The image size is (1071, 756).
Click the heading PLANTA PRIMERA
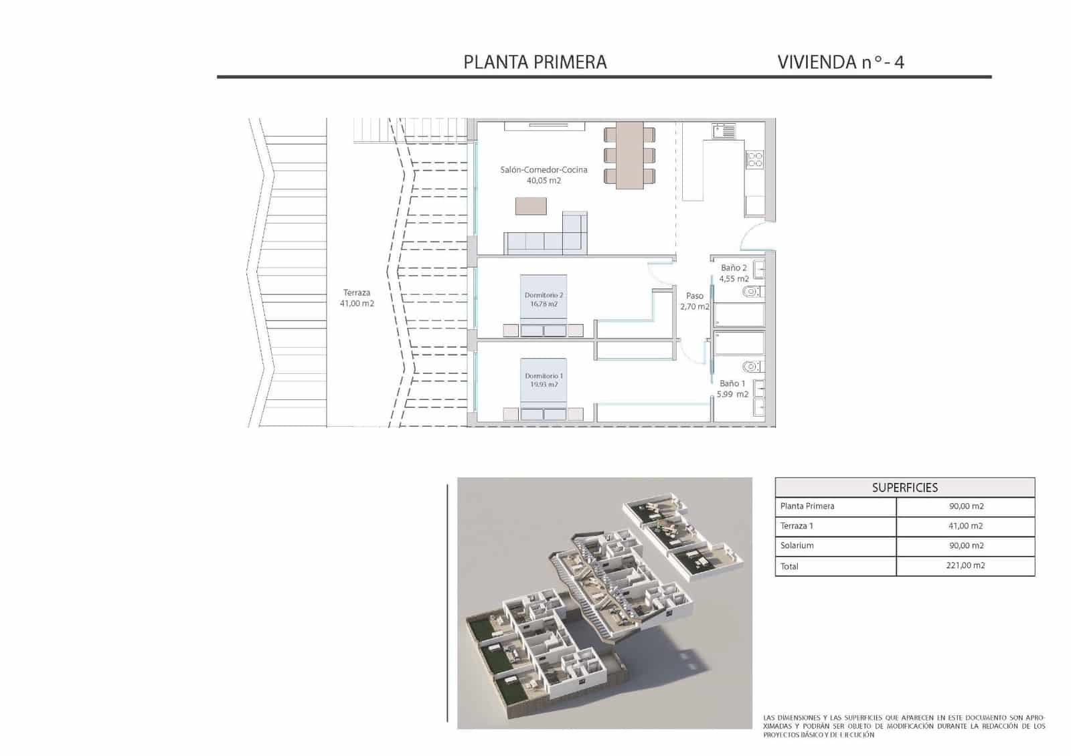(535, 62)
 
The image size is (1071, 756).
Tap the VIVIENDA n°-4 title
(841, 62)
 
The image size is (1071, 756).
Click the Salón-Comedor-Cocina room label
(544, 170)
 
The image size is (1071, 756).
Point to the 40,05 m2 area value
(544, 181)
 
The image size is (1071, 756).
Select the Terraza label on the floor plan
(357, 292)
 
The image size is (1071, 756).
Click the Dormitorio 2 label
(544, 295)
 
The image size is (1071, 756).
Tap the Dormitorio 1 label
(544, 376)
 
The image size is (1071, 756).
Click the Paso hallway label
(695, 296)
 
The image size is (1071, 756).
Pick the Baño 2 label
(734, 268)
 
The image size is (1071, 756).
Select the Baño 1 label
(732, 383)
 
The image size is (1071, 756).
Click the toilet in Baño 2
(752, 292)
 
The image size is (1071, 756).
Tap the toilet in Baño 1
(752, 367)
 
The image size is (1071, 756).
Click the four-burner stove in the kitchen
(754, 159)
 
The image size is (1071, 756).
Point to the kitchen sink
(724, 130)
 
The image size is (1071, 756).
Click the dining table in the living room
(629, 155)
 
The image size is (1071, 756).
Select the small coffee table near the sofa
(531, 206)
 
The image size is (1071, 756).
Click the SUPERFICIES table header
(904, 488)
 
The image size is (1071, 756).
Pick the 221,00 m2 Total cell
(966, 565)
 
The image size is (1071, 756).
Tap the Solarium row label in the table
(797, 545)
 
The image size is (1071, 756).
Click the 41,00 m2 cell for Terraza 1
(966, 526)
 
